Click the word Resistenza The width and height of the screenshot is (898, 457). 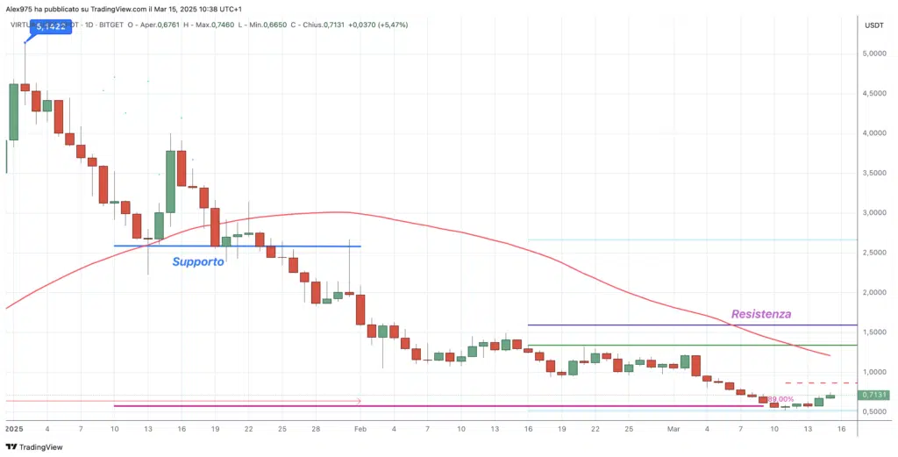coord(761,313)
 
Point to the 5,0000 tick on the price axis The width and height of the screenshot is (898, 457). coord(873,54)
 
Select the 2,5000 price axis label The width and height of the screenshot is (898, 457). coord(873,253)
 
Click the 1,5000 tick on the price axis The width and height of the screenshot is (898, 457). coord(873,332)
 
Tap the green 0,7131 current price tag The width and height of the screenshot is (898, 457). coord(873,396)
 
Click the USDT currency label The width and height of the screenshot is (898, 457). coord(873,25)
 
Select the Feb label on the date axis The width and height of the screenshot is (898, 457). coord(360,429)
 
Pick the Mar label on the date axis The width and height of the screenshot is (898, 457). coord(673,429)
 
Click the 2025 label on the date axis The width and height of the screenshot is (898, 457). coord(14,429)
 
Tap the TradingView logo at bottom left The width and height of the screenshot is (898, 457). coord(35,446)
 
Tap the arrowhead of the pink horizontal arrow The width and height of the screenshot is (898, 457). coord(359,401)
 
